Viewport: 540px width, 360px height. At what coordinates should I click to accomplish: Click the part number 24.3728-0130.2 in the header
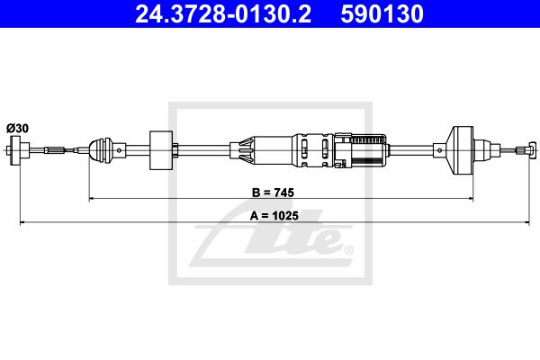[x=223, y=14]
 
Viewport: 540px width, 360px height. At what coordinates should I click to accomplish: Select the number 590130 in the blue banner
[x=382, y=14]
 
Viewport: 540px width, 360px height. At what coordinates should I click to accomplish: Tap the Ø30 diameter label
[x=17, y=129]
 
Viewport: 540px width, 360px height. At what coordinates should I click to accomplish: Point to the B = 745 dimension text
[x=273, y=193]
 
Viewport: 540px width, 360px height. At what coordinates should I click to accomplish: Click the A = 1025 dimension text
[x=274, y=216]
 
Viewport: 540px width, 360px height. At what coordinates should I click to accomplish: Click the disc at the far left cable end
[x=15, y=150]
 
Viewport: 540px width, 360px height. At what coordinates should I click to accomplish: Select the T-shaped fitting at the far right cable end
[x=531, y=150]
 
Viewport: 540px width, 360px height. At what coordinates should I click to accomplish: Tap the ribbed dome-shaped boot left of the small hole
[x=102, y=149]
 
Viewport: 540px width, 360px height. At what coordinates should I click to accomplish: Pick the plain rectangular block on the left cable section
[x=161, y=150]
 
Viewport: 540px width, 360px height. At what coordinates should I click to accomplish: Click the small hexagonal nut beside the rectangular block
[x=175, y=150]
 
